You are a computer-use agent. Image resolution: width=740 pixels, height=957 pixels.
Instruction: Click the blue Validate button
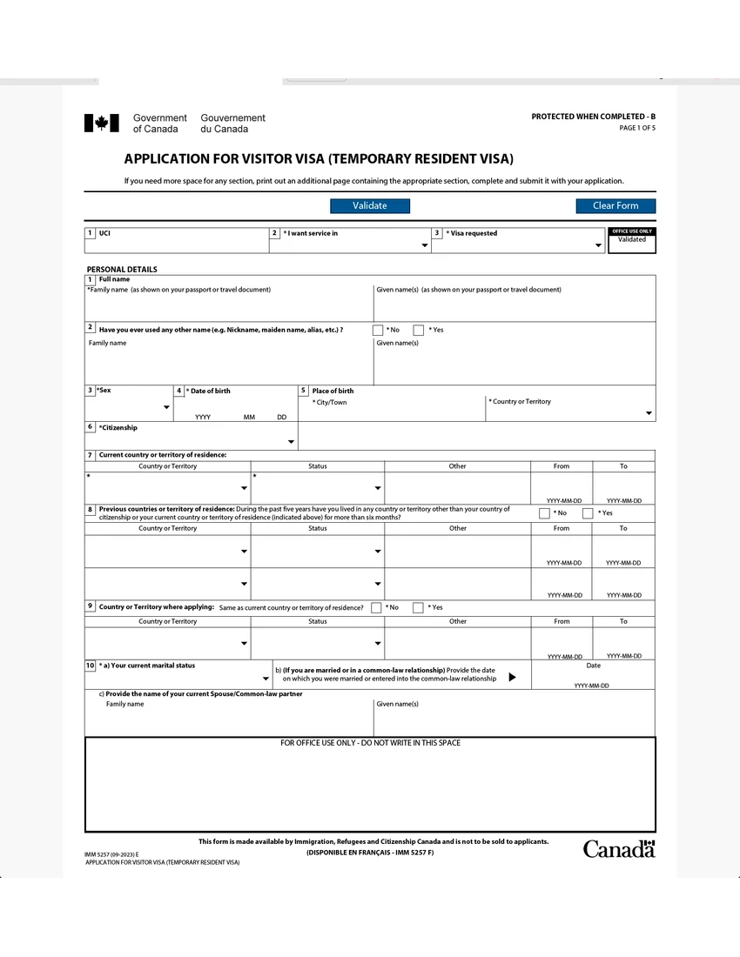(369, 206)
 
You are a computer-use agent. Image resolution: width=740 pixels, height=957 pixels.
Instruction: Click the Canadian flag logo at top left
(101, 124)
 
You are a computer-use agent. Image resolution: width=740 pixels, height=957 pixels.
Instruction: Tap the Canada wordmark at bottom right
(618, 849)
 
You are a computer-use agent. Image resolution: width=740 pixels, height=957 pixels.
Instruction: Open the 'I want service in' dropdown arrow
(425, 246)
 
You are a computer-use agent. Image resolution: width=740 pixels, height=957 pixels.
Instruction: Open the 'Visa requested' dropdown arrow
(598, 246)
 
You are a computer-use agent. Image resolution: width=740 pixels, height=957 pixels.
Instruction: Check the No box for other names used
(378, 330)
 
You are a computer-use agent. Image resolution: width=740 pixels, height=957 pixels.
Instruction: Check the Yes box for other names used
(419, 330)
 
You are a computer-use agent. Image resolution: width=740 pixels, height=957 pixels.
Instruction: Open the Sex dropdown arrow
(166, 407)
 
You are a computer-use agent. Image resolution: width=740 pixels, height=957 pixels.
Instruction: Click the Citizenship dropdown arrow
(291, 442)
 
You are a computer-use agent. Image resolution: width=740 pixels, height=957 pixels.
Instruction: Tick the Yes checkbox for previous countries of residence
(588, 513)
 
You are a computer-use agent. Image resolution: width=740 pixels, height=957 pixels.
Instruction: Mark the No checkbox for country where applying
(376, 607)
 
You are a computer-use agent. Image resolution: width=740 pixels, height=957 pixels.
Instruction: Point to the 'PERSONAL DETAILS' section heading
(122, 270)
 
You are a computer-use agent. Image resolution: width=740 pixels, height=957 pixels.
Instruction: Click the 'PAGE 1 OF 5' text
(636, 128)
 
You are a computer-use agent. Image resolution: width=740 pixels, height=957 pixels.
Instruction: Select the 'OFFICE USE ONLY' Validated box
(631, 241)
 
